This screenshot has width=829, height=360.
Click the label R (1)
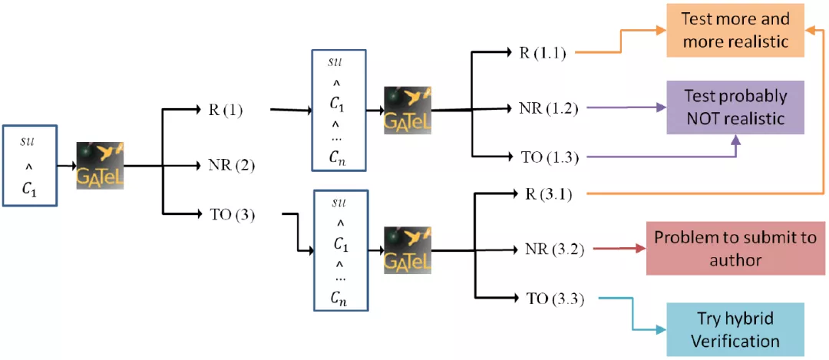225,110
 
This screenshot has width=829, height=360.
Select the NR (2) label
231,163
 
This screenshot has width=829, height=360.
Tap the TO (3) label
231,214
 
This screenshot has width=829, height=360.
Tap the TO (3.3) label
548,299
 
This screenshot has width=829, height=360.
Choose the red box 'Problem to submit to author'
735,249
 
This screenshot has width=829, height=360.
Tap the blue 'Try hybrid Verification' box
735,330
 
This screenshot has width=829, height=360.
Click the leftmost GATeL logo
100,165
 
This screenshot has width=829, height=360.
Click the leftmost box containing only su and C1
30,166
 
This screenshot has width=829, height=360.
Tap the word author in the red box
735,260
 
